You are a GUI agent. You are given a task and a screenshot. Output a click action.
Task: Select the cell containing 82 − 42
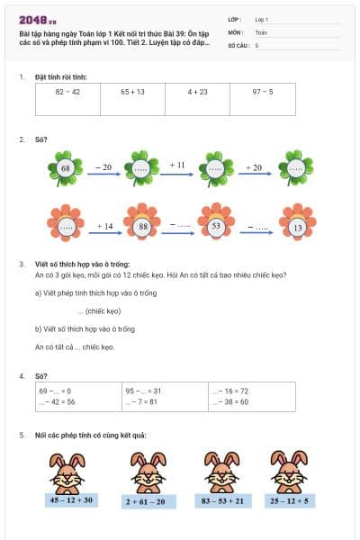point(67,92)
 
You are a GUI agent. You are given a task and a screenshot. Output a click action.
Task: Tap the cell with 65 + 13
point(132,92)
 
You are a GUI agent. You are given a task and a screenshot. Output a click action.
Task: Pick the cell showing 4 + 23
point(198,92)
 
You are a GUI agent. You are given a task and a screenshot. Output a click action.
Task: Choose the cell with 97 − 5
point(263,92)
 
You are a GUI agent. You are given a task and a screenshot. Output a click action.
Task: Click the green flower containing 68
point(66,168)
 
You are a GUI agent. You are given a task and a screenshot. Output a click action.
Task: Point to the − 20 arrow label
point(103,166)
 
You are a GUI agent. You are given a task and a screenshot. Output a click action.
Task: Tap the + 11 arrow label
point(177,165)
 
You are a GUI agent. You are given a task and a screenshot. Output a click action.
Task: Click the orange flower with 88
point(142,228)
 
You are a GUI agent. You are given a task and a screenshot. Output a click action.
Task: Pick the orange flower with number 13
point(296,228)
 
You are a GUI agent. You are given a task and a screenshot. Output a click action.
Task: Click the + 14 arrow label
point(104,226)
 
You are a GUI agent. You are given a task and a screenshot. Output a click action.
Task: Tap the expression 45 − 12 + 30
point(71,500)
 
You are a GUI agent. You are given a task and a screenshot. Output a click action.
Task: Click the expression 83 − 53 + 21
point(217,500)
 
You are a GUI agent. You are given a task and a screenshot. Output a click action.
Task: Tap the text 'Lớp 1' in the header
point(262,19)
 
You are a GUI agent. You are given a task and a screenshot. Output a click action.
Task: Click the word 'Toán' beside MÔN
point(261,31)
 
